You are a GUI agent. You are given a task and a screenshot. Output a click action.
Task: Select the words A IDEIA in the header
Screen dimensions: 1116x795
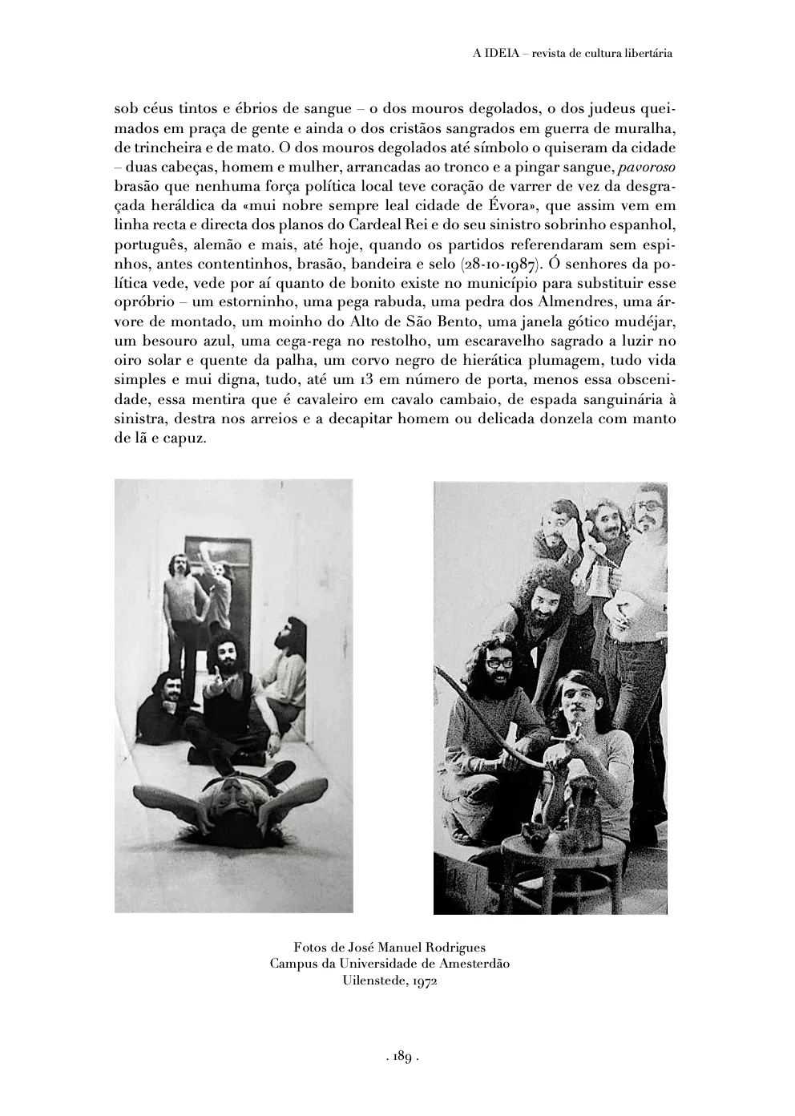click(491, 54)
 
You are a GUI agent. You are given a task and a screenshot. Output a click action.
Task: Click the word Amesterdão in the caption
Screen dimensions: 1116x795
click(472, 964)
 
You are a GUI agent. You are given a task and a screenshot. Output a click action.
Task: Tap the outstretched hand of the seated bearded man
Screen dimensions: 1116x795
click(219, 684)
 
